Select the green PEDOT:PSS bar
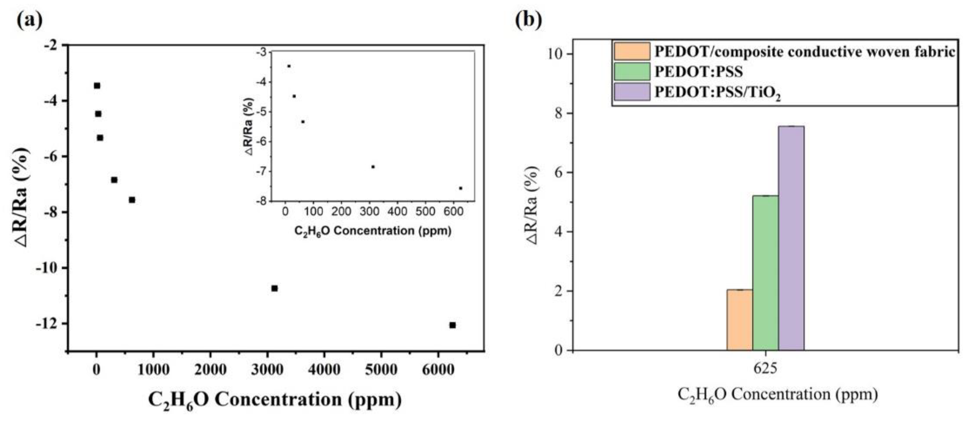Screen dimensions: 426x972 click(765, 273)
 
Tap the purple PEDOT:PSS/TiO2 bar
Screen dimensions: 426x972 click(791, 238)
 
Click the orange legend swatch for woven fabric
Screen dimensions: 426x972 click(632, 51)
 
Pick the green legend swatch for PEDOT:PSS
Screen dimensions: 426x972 click(632, 71)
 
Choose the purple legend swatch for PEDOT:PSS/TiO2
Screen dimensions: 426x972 click(632, 92)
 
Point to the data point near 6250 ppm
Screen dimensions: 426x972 click(452, 325)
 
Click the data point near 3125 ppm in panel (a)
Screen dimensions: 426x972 click(274, 288)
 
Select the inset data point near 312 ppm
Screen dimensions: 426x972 click(373, 166)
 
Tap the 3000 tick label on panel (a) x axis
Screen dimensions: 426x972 click(267, 369)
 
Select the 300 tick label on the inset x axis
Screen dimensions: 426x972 click(369, 212)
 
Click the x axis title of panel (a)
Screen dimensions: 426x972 click(275, 399)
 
